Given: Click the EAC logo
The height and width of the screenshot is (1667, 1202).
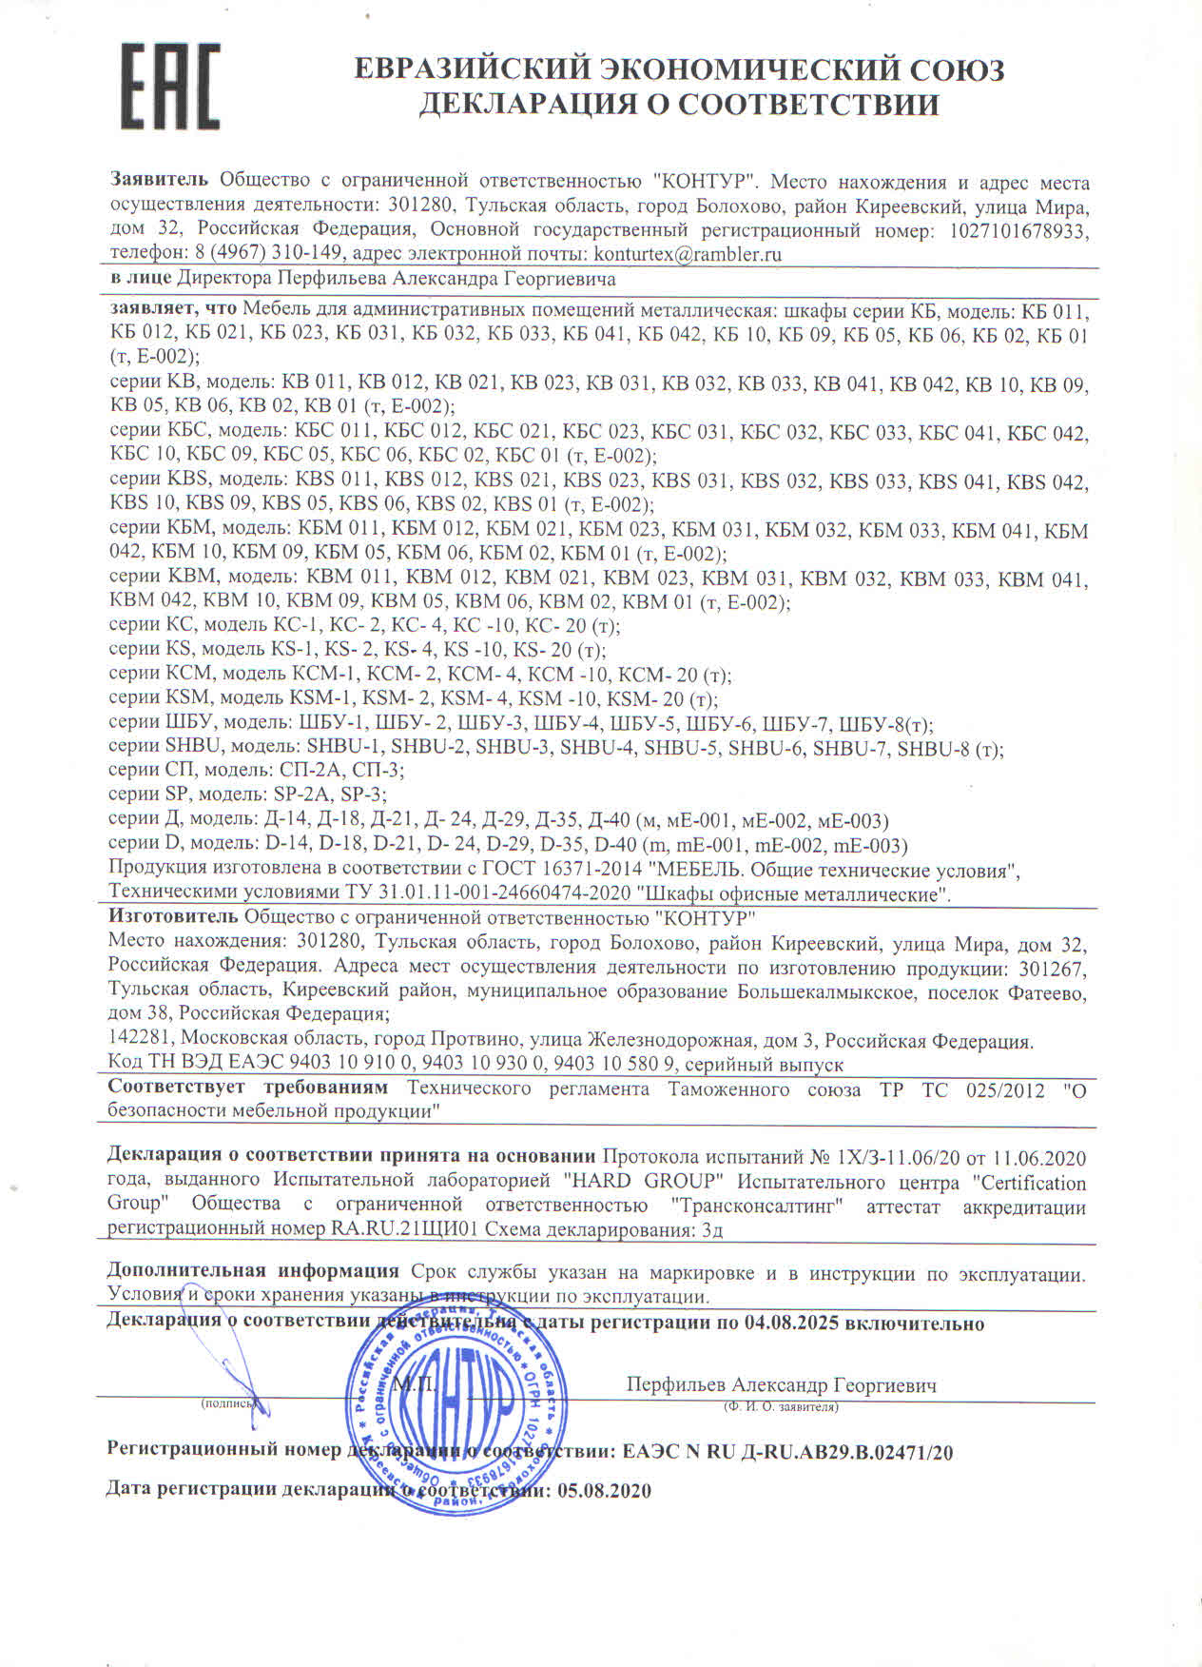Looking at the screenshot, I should (171, 86).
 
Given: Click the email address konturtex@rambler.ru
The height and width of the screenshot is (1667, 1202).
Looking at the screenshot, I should (687, 254).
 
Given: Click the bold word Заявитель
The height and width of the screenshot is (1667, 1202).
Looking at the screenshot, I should (159, 181).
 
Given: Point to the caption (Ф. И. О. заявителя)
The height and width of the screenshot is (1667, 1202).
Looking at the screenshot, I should (780, 1406).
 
